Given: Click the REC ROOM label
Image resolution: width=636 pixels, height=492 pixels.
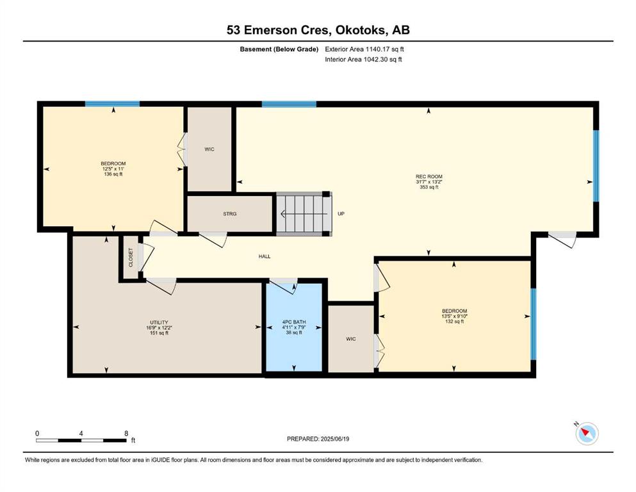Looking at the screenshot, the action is tap(428, 176).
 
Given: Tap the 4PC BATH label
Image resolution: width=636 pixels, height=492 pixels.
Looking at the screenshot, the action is tap(294, 322).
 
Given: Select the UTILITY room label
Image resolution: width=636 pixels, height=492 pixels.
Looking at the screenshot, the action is tap(159, 322).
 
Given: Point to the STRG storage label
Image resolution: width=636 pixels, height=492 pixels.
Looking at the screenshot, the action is tap(229, 214).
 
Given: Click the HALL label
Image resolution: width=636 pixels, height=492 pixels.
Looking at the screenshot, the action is tap(265, 256).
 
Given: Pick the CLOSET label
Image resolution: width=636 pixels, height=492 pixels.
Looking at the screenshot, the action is tap(131, 258).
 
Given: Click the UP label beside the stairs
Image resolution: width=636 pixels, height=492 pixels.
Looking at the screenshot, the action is tap(341, 214).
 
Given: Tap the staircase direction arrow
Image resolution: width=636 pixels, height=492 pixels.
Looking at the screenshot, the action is tap(304, 214).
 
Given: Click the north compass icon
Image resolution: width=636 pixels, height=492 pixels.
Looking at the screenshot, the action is tap(587, 433).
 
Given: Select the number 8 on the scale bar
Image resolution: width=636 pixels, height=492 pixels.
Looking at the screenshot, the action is tap(127, 433).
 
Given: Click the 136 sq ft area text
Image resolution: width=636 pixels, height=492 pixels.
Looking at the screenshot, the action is tap(113, 174).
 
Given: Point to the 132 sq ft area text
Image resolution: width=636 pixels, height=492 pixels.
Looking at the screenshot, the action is tap(454, 321).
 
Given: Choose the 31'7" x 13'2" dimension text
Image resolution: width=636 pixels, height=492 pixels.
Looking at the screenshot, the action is tap(428, 182).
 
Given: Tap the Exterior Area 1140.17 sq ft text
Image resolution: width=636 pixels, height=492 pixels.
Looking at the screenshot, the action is tap(364, 49).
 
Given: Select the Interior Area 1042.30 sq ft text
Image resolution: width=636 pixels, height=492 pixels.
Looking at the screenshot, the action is tap(363, 59).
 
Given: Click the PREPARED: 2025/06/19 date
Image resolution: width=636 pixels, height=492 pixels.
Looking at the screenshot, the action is tap(318, 439).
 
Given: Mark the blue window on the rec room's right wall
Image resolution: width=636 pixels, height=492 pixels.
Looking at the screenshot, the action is tap(596, 165).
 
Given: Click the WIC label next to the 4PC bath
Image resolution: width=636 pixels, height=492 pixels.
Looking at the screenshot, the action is tap(351, 339).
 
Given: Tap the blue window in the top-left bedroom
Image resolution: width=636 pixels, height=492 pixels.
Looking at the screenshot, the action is tap(112, 104).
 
